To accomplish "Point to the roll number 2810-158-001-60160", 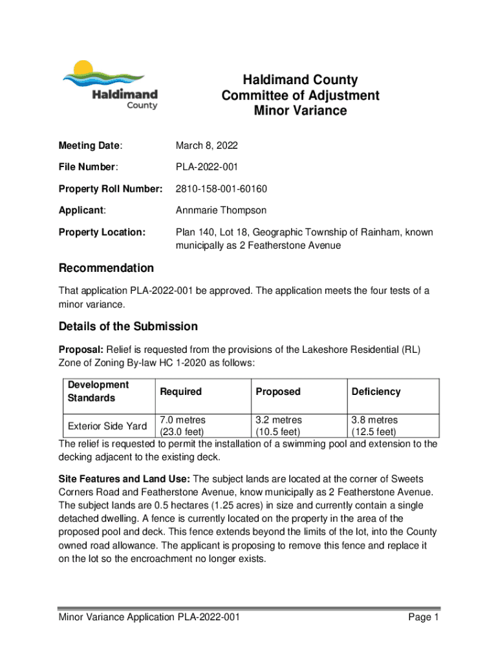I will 221,189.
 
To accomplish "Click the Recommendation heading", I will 106,268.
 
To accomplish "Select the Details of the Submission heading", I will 128,326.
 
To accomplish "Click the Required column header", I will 180,392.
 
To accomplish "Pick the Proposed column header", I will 278,392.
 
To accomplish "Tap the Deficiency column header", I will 376,392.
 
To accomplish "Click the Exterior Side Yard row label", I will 107,426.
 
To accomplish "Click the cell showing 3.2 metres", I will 279,421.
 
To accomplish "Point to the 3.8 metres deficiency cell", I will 374,421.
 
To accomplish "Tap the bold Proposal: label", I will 80,350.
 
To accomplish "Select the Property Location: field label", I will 102,232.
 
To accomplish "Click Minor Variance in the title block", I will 300,111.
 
